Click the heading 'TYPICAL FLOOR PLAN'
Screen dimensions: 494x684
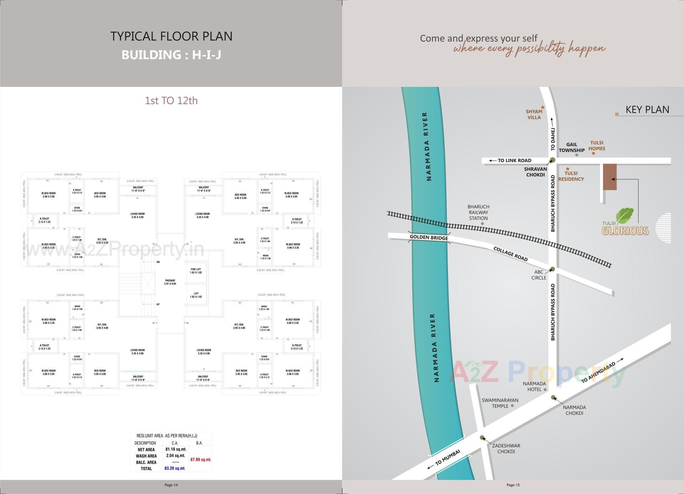tap(171, 36)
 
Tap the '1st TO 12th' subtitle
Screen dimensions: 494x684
tap(171, 100)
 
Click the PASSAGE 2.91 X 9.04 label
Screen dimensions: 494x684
tap(170, 282)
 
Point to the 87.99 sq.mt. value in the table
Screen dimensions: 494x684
tap(201, 459)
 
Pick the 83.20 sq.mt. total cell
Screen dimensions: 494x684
tap(175, 468)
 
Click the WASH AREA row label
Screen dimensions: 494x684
tap(146, 456)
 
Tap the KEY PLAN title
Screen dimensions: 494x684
tap(647, 110)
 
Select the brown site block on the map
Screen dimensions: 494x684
tap(610, 177)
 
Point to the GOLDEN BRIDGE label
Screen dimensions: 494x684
tap(429, 238)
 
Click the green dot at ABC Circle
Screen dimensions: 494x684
tap(553, 269)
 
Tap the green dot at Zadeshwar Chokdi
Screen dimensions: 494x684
tap(482, 438)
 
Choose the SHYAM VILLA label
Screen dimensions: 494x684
tap(534, 114)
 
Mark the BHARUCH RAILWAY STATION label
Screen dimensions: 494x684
tap(478, 213)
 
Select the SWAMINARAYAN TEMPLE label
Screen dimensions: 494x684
tap(500, 403)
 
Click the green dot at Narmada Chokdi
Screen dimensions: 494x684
tap(553, 397)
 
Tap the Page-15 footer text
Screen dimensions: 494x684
tap(513, 485)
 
